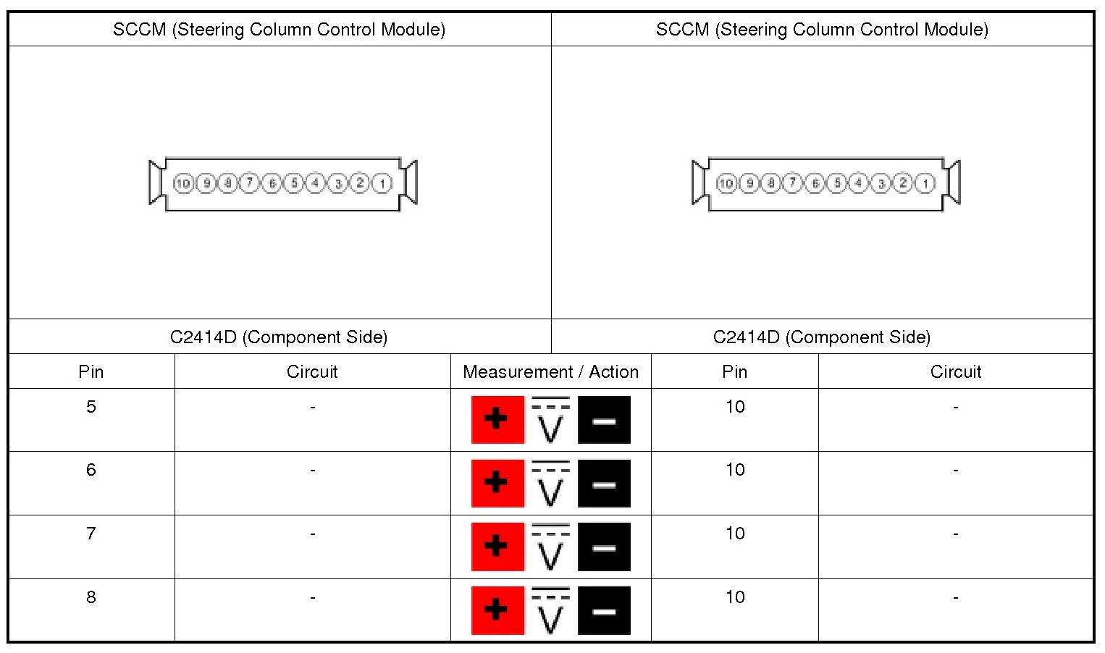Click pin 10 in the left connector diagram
click(x=183, y=184)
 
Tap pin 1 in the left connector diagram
click(x=382, y=184)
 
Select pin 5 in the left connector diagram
click(x=294, y=184)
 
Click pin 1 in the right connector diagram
click(x=925, y=184)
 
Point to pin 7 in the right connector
click(x=793, y=184)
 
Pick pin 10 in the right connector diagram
click(x=726, y=184)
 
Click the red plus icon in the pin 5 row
click(x=497, y=420)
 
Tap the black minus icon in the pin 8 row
click(x=604, y=610)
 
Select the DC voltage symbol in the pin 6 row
click(x=551, y=483)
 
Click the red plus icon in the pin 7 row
click(x=497, y=547)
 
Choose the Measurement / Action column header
click(x=550, y=371)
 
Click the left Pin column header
click(x=91, y=371)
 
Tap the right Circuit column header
click(x=955, y=371)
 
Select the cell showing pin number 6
click(x=91, y=470)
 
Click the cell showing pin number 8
click(x=91, y=597)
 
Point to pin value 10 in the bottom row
click(x=735, y=597)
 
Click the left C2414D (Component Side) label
click(x=279, y=337)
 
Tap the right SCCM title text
click(x=822, y=30)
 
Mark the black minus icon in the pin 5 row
click(x=604, y=420)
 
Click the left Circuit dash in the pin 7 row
click(x=312, y=534)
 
